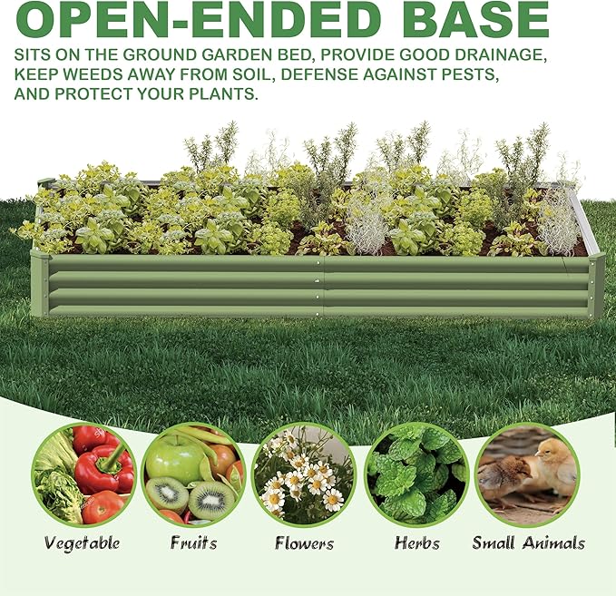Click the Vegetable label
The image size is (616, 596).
(x=82, y=543)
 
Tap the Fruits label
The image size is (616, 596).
(x=193, y=543)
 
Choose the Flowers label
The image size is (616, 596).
(x=304, y=543)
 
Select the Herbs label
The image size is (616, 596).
(x=416, y=543)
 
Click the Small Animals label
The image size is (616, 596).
(x=528, y=543)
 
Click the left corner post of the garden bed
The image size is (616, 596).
(x=40, y=283)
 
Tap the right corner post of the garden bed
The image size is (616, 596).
(x=595, y=285)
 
